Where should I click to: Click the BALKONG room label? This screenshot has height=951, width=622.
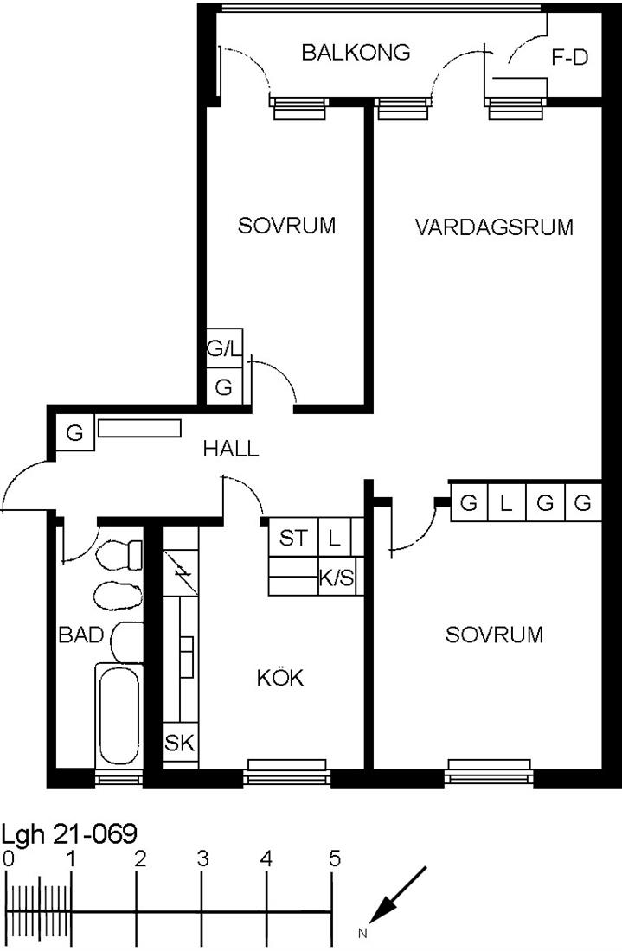(x=356, y=53)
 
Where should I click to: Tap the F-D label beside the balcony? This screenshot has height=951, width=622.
(x=569, y=58)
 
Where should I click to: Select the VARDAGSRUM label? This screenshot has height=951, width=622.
(x=494, y=227)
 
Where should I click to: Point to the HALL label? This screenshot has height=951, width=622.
(x=231, y=449)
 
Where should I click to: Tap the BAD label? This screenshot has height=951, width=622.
(x=80, y=635)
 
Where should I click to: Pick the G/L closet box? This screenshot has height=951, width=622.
(x=225, y=348)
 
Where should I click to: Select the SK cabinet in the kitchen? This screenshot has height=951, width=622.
(x=180, y=743)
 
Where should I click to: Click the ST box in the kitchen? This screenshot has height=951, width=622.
(x=294, y=538)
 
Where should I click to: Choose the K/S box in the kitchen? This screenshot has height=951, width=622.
(x=337, y=578)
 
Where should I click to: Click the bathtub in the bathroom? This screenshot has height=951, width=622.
(x=119, y=716)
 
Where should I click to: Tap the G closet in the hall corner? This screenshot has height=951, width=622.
(x=74, y=433)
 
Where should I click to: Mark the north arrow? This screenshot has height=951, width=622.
(x=397, y=895)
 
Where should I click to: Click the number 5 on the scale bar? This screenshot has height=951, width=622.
(x=335, y=858)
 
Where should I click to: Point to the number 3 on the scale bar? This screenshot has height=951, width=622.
(x=202, y=858)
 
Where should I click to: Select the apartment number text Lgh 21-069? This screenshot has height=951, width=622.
(x=69, y=834)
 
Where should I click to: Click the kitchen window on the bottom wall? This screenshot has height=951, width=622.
(x=287, y=771)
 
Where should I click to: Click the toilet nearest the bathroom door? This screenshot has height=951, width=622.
(x=119, y=555)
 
